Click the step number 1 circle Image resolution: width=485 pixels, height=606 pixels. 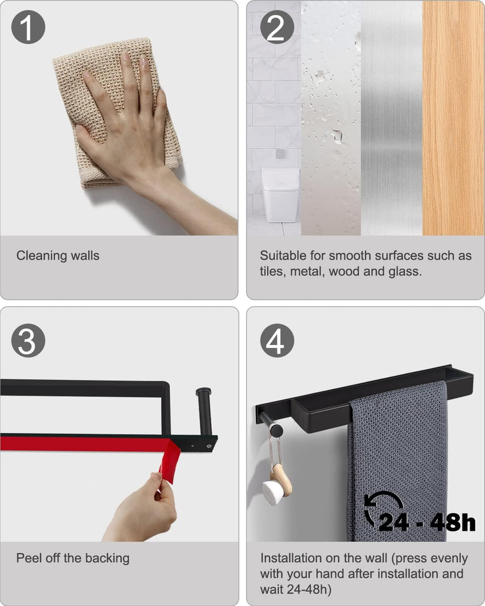[28, 27]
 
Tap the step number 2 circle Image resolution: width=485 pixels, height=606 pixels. [277, 27]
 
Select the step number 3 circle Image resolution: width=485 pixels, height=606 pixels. [28, 341]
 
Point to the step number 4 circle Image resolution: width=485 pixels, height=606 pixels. [277, 341]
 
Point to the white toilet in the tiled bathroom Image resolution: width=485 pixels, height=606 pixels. [280, 195]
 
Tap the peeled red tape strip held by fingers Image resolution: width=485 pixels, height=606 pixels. [170, 461]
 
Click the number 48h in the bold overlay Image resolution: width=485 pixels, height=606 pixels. [453, 523]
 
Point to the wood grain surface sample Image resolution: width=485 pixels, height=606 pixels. [453, 118]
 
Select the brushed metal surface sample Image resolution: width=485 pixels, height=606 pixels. [391, 118]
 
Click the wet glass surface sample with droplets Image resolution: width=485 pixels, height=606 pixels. [331, 118]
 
